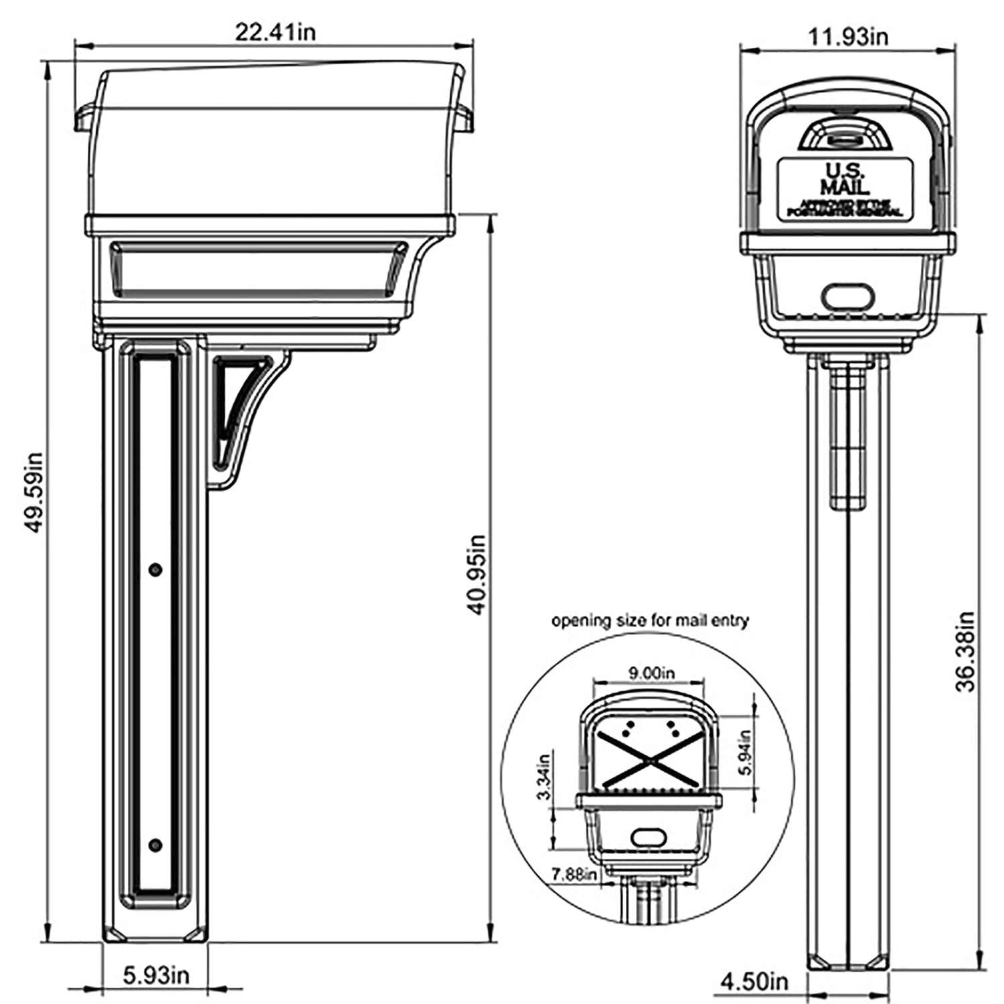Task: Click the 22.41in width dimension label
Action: [x=274, y=32]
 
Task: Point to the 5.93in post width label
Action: [x=156, y=975]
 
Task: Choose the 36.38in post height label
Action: [x=965, y=651]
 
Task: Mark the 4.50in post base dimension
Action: [x=754, y=982]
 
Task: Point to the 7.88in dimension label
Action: [x=574, y=875]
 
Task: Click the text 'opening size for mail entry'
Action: [x=649, y=620]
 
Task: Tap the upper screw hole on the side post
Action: [x=155, y=570]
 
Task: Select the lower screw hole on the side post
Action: [x=155, y=845]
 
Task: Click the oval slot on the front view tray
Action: [x=847, y=295]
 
